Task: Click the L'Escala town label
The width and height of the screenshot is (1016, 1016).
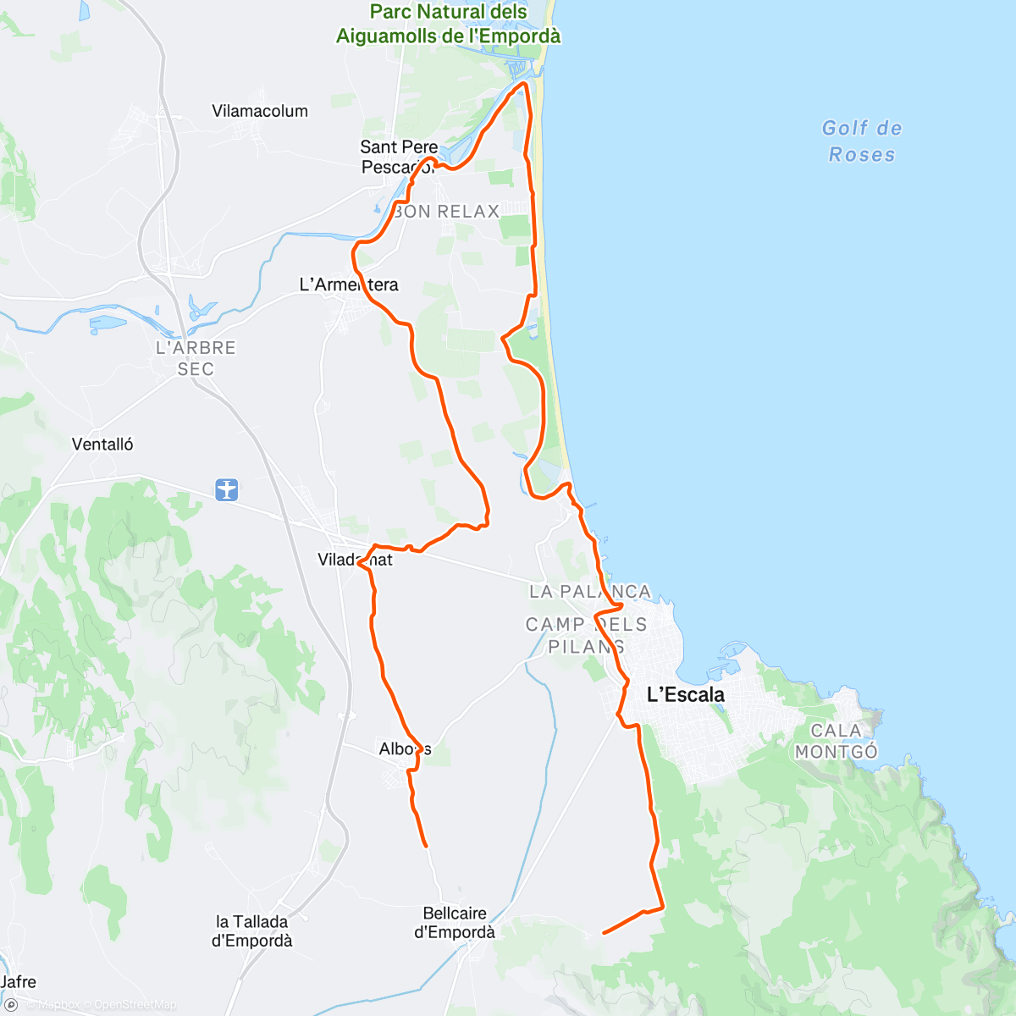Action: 685,695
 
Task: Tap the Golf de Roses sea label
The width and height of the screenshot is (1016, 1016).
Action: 862,141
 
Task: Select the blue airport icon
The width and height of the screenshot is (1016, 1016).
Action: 227,489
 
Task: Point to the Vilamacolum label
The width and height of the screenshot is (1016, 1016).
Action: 260,111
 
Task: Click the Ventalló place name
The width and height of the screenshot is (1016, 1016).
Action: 102,444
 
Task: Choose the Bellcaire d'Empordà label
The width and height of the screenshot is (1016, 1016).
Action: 455,923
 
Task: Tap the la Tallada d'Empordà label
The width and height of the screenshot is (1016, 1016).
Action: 251,931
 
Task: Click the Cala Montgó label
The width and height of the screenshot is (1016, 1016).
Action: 836,741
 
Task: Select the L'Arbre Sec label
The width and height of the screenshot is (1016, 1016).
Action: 196,358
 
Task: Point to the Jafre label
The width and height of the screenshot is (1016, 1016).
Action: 19,982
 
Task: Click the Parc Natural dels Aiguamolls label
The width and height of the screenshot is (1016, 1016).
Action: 449,24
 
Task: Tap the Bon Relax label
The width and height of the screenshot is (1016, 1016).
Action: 447,212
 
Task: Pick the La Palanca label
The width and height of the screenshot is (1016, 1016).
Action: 590,592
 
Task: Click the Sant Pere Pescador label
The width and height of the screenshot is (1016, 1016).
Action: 399,157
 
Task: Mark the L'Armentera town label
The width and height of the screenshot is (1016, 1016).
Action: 349,284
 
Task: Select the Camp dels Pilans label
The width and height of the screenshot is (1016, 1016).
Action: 586,635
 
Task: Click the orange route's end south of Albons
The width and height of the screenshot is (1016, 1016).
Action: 426,845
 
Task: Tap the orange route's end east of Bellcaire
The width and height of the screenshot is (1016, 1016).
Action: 604,933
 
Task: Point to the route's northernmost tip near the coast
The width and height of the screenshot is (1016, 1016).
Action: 525,84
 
